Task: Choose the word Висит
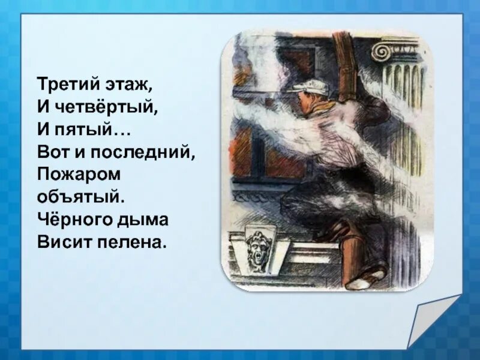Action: (x=60, y=242)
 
